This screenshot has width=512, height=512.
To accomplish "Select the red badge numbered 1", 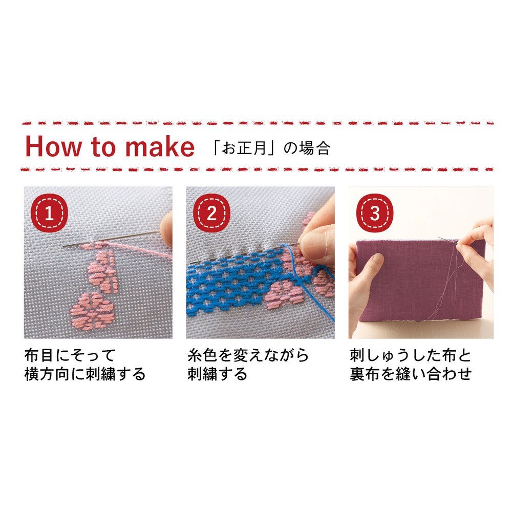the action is (49, 213).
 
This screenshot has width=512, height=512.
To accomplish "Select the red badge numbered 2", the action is (211, 213).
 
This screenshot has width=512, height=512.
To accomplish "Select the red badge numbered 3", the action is (375, 213).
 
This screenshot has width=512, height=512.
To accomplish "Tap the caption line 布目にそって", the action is (70, 355).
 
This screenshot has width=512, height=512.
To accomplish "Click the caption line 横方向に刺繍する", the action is (85, 374).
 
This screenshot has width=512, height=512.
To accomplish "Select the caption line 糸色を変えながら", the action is (248, 355).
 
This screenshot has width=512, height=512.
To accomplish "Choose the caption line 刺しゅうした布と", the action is (411, 355).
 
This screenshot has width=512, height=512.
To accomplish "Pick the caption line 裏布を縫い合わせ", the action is (411, 374).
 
